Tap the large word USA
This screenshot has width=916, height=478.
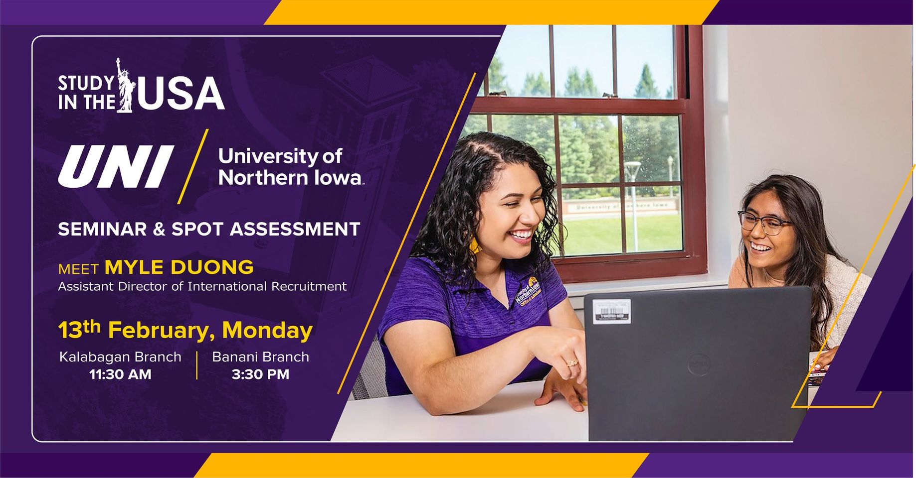[181, 93]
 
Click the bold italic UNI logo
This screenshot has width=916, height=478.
[116, 166]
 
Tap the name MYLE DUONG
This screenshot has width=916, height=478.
[179, 267]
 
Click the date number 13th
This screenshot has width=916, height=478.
[79, 329]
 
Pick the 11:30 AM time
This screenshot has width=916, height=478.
[120, 374]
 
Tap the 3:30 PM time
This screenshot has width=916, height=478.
[260, 374]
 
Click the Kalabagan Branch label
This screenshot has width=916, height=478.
[120, 357]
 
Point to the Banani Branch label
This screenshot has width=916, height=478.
[260, 357]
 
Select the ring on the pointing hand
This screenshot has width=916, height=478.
[571, 362]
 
